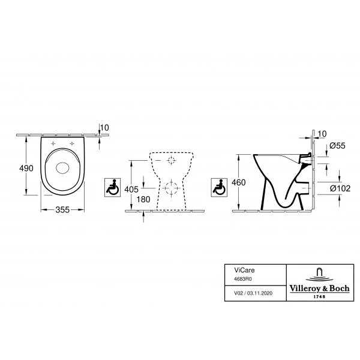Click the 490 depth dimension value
coord(26,168)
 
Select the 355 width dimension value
coord(62,209)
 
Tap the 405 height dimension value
coord(131,190)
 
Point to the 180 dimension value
coord(143,199)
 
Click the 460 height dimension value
coord(239,182)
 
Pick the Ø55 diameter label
coord(337,146)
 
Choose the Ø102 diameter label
coord(340,188)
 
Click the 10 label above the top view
coord(104,128)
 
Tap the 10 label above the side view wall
coord(322,134)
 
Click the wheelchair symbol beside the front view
coord(113,187)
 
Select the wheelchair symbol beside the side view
coord(219,187)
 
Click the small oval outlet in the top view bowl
coord(62,168)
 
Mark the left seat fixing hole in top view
coord(53,143)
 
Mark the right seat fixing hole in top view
coord(72,143)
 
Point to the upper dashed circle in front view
coord(171,160)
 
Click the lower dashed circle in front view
coord(171,188)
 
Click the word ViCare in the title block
coord(244,270)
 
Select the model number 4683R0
coord(242,279)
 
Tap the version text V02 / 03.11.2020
coord(253,293)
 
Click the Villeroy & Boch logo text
coord(319,289)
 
